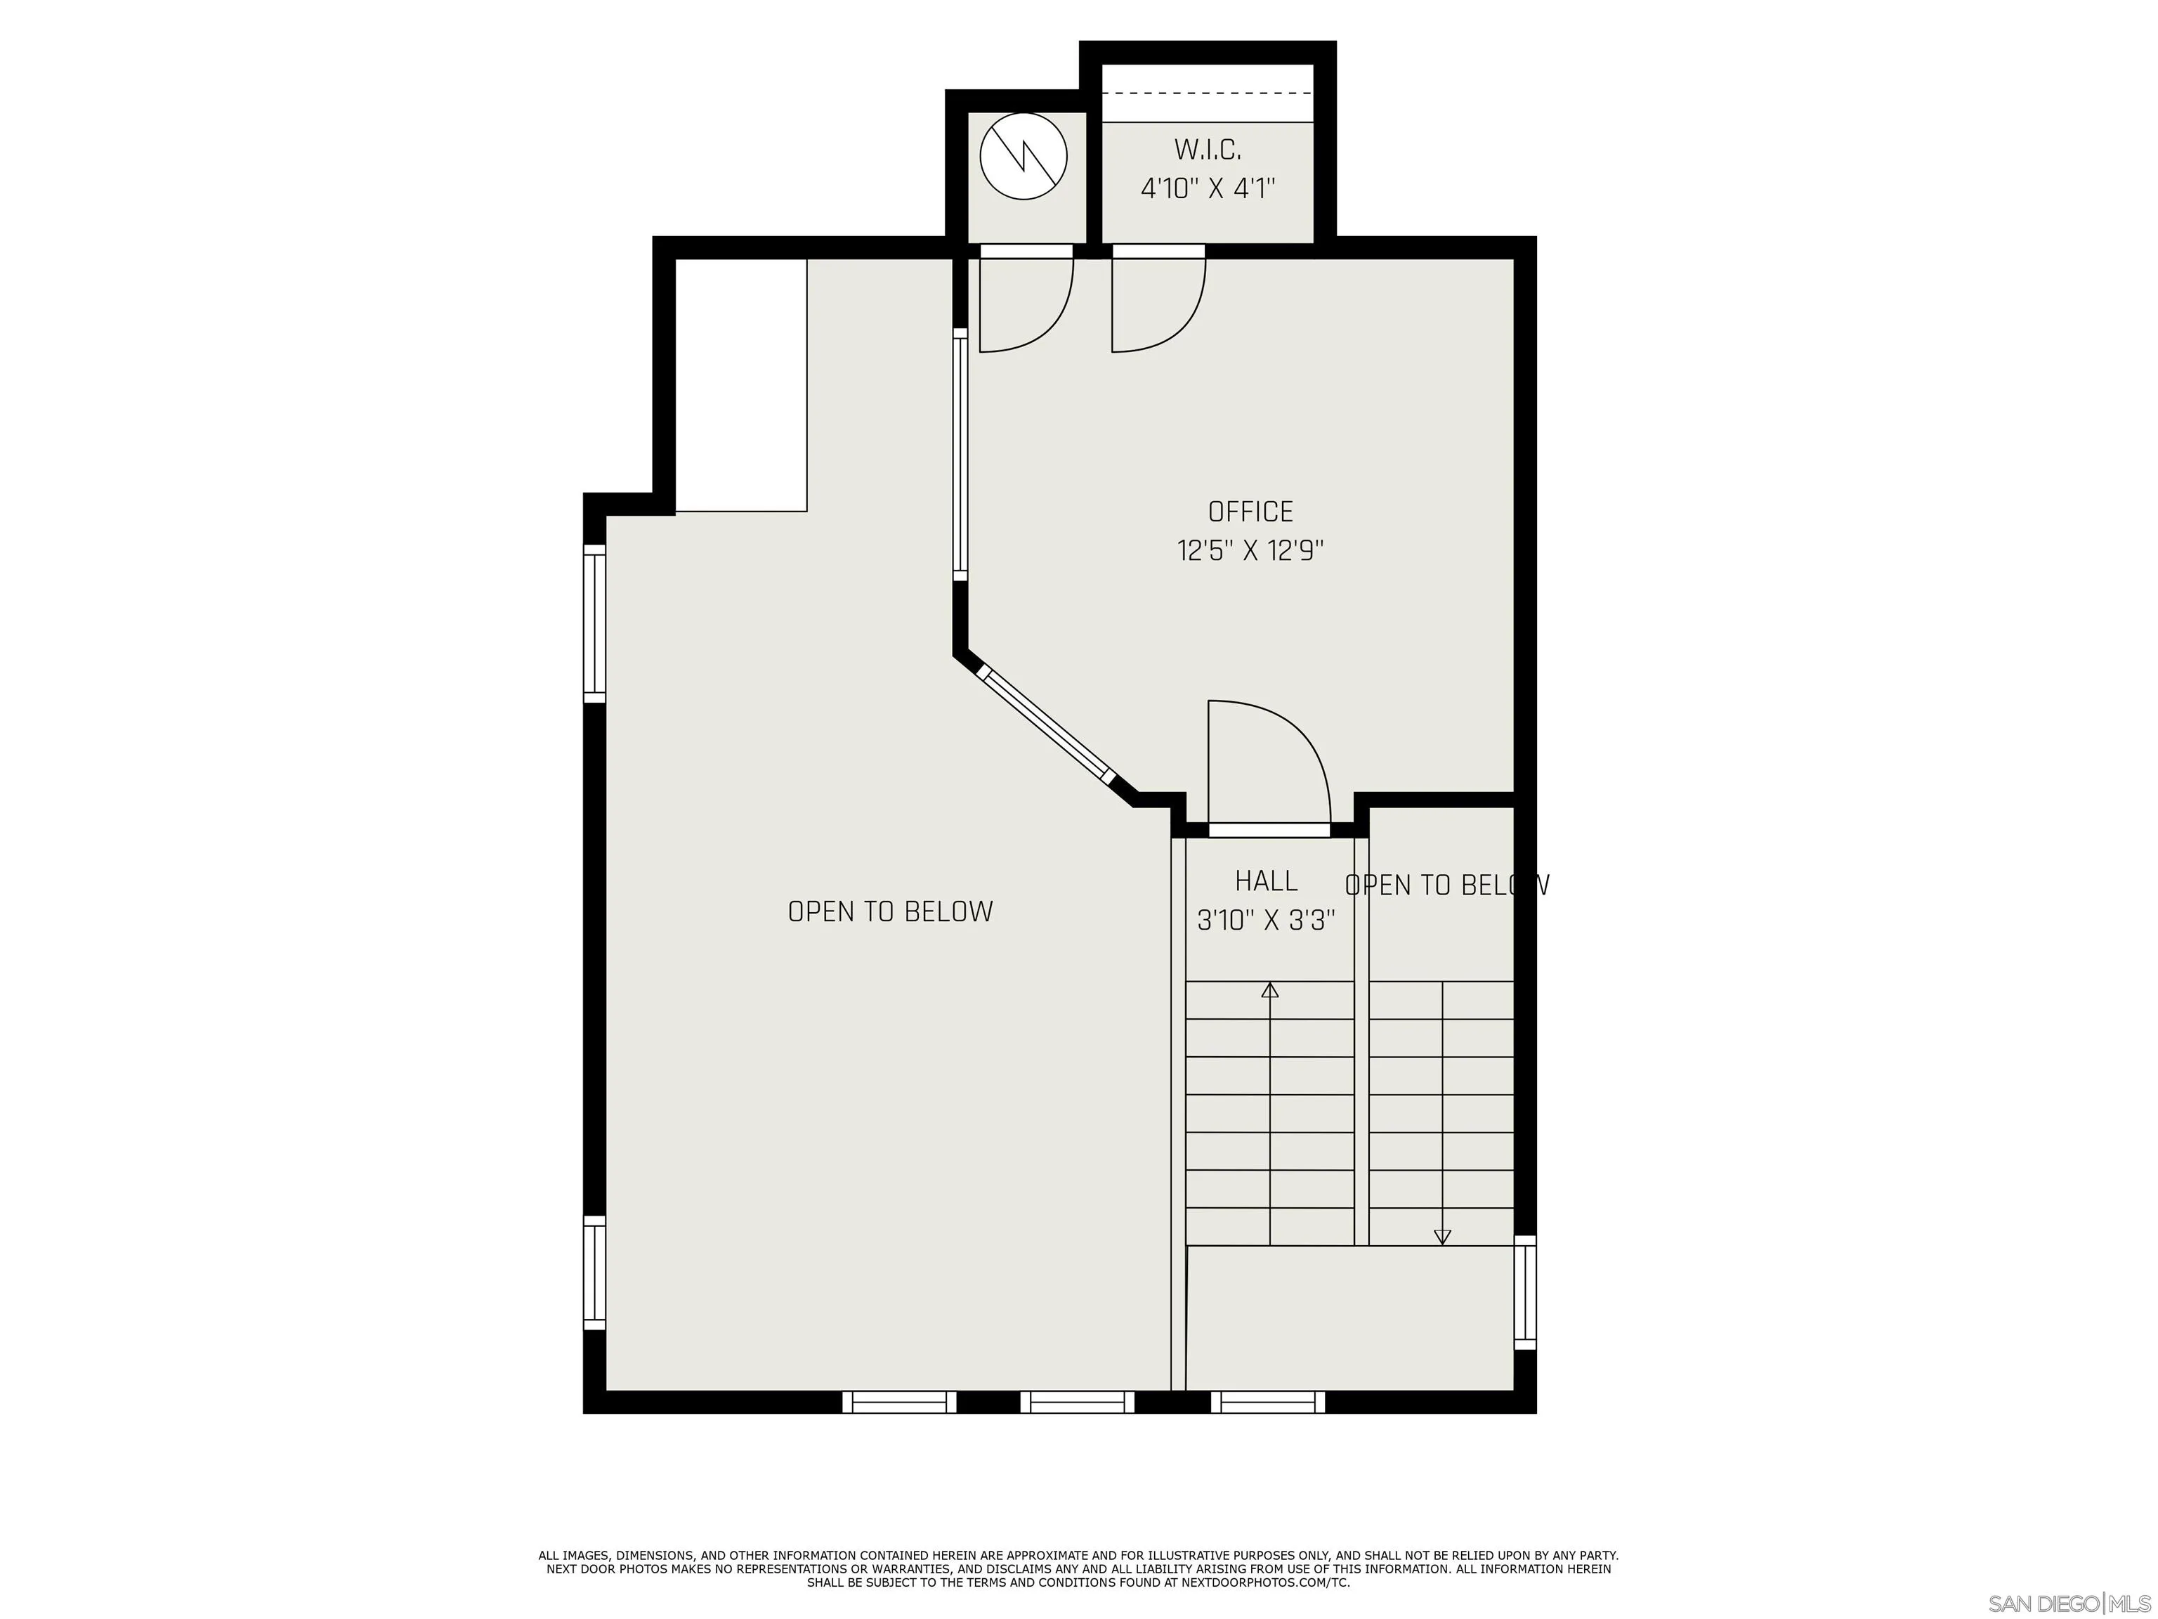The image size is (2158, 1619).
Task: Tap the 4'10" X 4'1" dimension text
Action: tap(1208, 188)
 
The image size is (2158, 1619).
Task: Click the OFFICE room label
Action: tap(1250, 512)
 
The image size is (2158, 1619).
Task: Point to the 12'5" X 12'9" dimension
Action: tap(1250, 552)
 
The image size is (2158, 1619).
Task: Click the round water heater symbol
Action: tap(1024, 156)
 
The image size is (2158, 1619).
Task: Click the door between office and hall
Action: tap(1268, 771)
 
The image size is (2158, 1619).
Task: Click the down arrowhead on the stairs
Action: tap(1442, 1237)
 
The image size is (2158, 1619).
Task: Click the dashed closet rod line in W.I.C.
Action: tap(1207, 93)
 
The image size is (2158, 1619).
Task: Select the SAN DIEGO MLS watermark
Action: tap(2068, 1604)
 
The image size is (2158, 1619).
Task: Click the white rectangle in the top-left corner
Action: tap(740, 384)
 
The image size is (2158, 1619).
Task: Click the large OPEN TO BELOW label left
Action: tap(890, 911)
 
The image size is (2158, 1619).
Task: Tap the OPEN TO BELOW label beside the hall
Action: tap(1446, 885)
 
